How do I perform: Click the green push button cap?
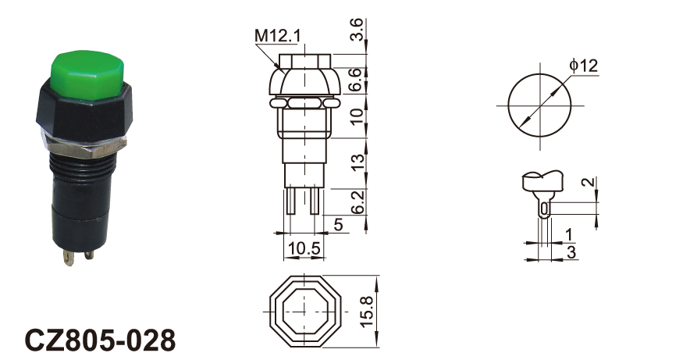point(87,75)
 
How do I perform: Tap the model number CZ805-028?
point(101,340)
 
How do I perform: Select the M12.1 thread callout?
point(278,36)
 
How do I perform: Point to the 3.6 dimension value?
point(357,30)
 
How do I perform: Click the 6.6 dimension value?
point(357,80)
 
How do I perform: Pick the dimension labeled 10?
point(357,116)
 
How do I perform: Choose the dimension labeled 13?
point(357,162)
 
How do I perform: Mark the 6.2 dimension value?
point(357,202)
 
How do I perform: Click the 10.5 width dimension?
point(304,248)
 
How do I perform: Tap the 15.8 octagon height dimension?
point(367,312)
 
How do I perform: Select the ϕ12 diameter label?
point(584,66)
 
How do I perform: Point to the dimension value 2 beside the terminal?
point(589,182)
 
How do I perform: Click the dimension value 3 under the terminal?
point(571,252)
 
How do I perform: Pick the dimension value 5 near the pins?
point(338,225)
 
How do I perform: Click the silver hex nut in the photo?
point(84,146)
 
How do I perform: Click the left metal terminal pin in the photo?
point(69,258)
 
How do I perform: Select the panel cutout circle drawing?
point(539,105)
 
